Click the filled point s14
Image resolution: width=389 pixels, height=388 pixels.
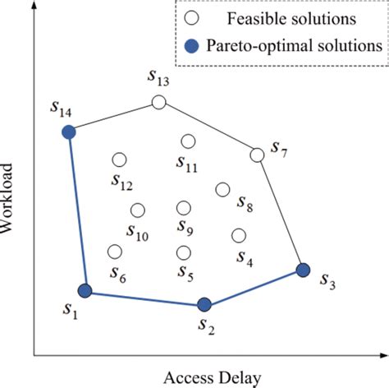pyautogui.click(x=69, y=132)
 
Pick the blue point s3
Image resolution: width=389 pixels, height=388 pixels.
pyautogui.click(x=303, y=270)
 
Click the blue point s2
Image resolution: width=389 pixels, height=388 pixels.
pyautogui.click(x=204, y=304)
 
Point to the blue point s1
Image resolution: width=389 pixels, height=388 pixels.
pyautogui.click(x=85, y=291)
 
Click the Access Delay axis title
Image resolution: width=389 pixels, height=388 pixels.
pyautogui.click(x=213, y=378)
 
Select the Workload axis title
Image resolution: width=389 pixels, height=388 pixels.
pyautogui.click(x=7, y=198)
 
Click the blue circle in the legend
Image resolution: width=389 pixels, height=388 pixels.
pyautogui.click(x=191, y=45)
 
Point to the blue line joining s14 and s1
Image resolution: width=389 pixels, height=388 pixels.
pyautogui.click(x=77, y=211)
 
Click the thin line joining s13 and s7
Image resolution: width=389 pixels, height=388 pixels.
pyautogui.click(x=208, y=129)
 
